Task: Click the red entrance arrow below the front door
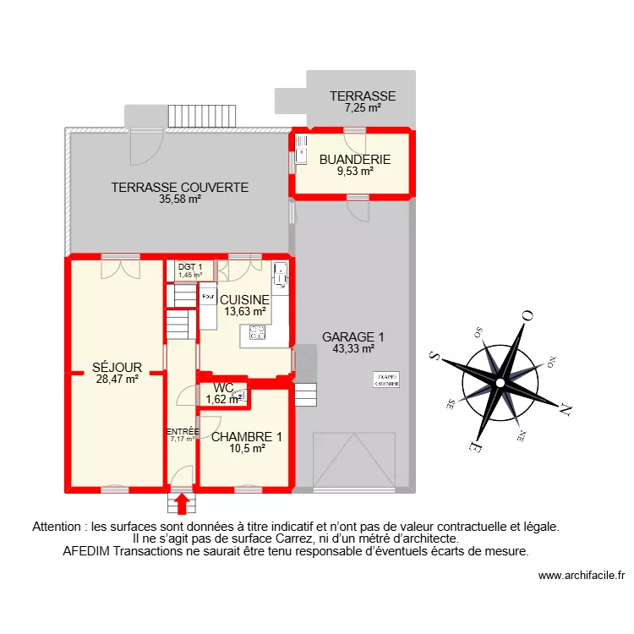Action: pos(180,504)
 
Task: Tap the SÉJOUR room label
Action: pos(117,368)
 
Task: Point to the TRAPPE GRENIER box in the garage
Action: pos(386,380)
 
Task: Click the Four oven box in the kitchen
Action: pos(207,297)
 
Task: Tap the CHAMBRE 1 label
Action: pos(247,437)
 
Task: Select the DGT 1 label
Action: pos(190,267)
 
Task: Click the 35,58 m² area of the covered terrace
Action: pos(179,200)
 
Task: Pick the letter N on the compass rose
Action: pos(566,410)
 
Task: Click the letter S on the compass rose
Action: pos(434,355)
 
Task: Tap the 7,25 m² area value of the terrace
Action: pos(363,108)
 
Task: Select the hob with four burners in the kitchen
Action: pos(254,334)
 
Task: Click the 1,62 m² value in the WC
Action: pos(223,399)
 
